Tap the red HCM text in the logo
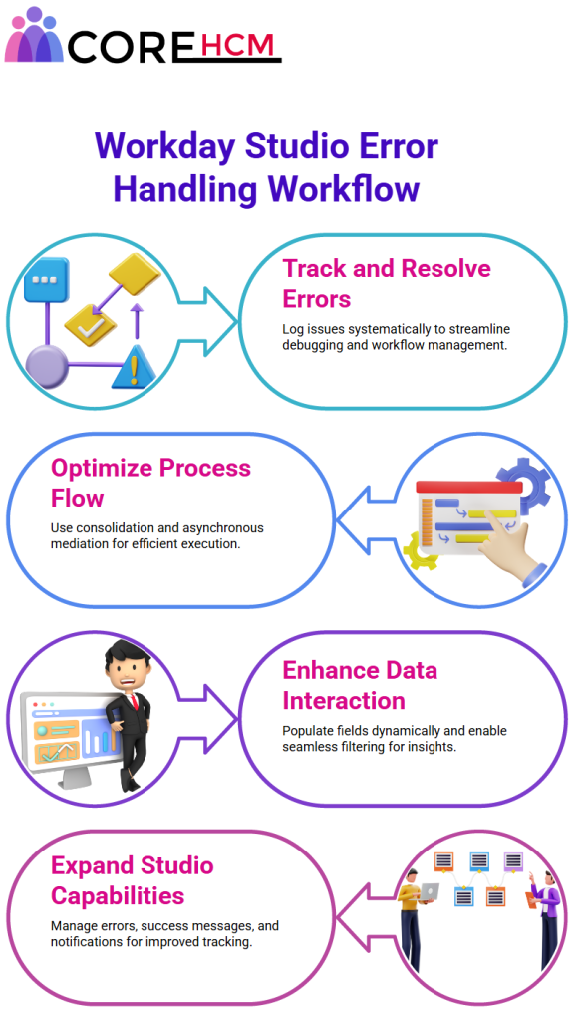[237, 44]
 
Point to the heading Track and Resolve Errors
[387, 283]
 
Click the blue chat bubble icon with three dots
[46, 280]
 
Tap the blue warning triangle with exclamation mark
[134, 367]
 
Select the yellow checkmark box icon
[90, 324]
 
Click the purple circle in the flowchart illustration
[46, 367]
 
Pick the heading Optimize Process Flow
[150, 483]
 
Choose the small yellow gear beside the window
[419, 550]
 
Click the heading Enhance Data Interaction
[360, 685]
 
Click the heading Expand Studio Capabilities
[133, 880]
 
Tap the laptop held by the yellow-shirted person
[430, 890]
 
